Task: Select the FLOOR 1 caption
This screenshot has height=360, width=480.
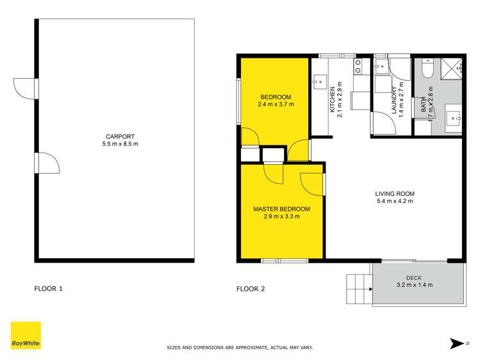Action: coord(49,289)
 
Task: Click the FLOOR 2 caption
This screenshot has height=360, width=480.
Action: coord(251,289)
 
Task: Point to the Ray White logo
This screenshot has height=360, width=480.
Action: coord(26,336)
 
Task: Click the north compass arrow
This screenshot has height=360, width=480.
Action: coord(457,344)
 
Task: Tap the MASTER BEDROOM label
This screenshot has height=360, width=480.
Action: coord(281,209)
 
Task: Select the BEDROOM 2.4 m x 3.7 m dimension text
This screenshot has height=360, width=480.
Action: coord(275,104)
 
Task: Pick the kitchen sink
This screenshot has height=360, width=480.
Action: coord(320,81)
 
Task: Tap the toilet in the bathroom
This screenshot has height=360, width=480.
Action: coord(427,66)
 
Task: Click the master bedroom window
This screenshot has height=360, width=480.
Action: coord(283,260)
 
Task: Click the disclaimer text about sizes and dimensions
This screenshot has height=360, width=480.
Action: coord(239,348)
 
